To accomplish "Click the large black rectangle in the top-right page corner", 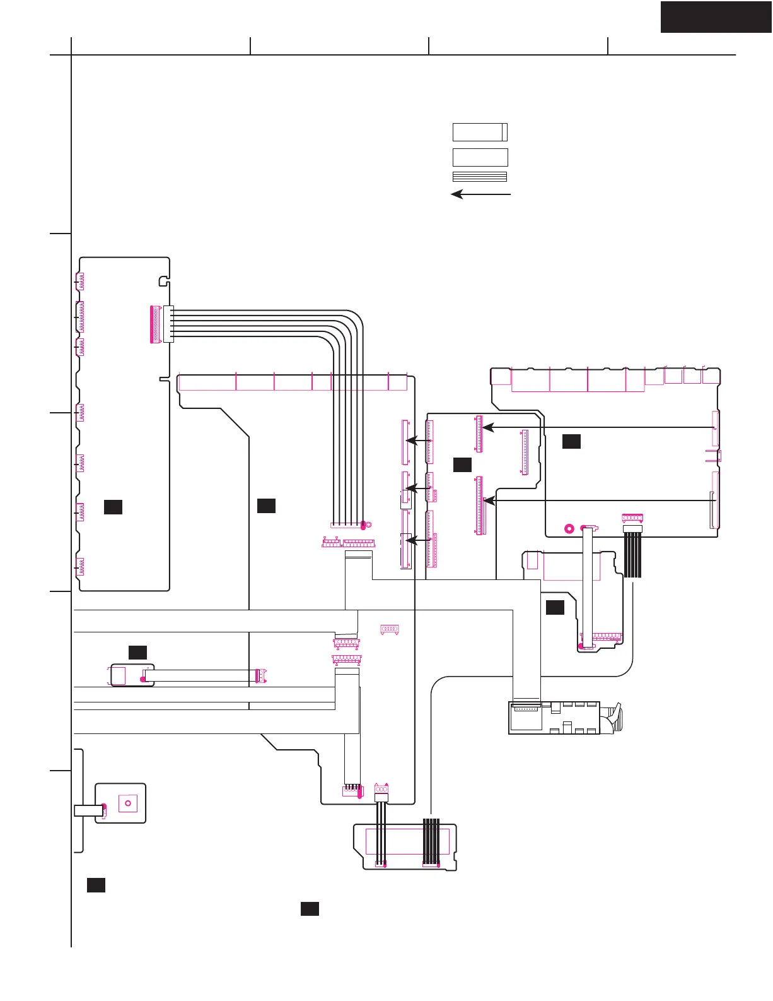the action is tap(716, 17).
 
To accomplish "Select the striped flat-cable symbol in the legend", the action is tap(480, 177).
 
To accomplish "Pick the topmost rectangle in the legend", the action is tap(480, 132).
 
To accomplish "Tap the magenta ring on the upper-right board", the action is tap(569, 528).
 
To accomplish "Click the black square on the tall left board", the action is tap(113, 507).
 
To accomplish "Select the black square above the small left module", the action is tap(137, 653).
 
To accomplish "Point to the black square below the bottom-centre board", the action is tap(310, 909).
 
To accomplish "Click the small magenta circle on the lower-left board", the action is tap(128, 803).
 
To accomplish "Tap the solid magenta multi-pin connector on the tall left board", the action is tap(154, 324).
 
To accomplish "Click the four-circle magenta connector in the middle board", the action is tap(390, 629).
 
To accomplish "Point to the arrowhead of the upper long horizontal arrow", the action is tap(486, 428).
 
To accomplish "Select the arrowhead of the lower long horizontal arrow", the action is tap(487, 500).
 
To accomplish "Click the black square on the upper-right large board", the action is tap(571, 441).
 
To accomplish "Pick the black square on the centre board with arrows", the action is tap(462, 465).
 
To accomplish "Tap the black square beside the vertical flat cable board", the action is tap(555, 607).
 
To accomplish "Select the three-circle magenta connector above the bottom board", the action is tap(381, 790).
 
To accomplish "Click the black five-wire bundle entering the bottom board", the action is tap(431, 841).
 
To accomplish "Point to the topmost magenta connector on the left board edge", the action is tap(79, 281).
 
